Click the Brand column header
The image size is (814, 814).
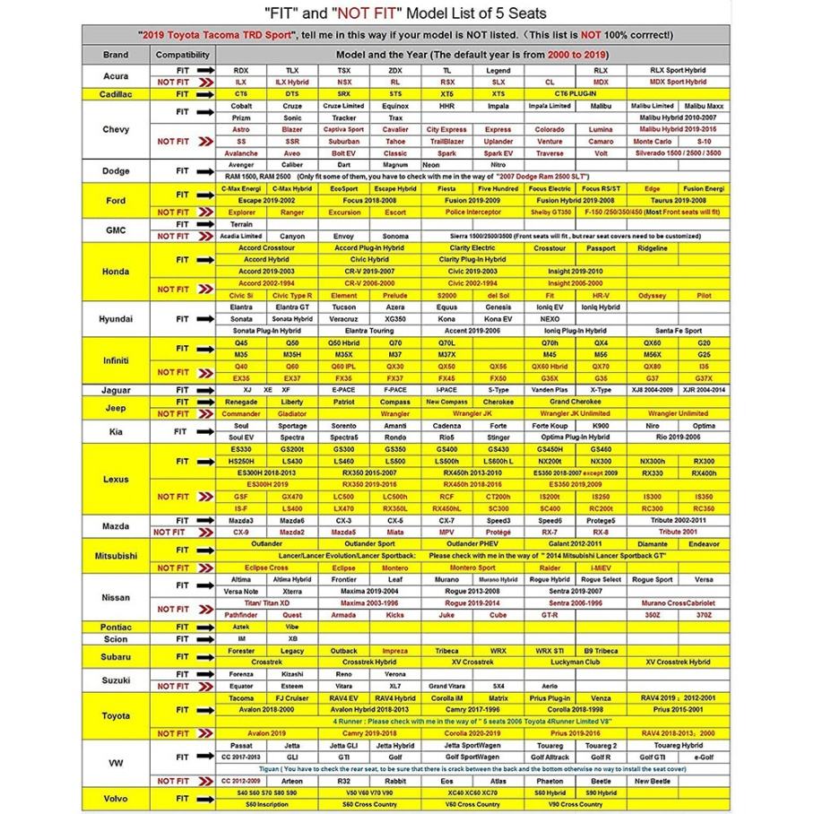[x=116, y=55]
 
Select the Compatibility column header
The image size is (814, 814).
[x=183, y=55]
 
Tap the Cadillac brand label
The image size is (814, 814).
[x=116, y=93]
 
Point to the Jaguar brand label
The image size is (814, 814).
[x=116, y=390]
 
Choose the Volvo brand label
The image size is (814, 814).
[x=116, y=798]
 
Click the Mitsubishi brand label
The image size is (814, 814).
[x=116, y=556]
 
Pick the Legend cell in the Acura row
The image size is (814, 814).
[x=498, y=70]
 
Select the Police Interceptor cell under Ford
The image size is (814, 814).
[x=472, y=212]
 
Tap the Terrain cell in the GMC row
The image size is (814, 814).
[x=241, y=224]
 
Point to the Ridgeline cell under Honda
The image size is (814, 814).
[x=653, y=248]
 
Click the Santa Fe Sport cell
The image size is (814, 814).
[x=679, y=331]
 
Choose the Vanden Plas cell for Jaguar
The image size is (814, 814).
[x=550, y=390]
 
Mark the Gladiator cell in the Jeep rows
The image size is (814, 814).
[x=292, y=414]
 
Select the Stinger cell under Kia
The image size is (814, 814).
[x=498, y=437]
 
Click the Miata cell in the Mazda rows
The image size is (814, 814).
[x=395, y=532]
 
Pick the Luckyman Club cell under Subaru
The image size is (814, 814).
[x=550, y=662]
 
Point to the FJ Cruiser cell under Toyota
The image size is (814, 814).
[x=292, y=697]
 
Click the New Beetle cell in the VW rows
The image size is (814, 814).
[x=653, y=781]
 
